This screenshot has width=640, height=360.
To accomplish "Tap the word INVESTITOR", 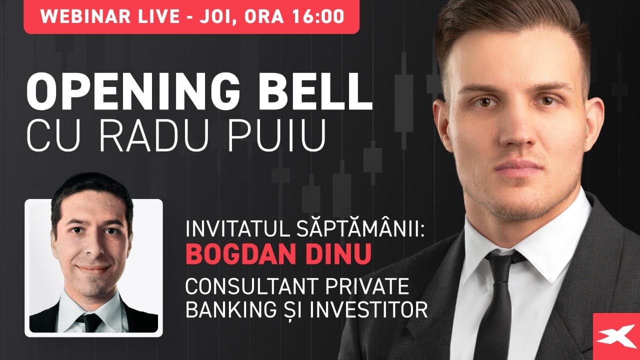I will click(x=369, y=310).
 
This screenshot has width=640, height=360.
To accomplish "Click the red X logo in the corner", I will click(x=616, y=336).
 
